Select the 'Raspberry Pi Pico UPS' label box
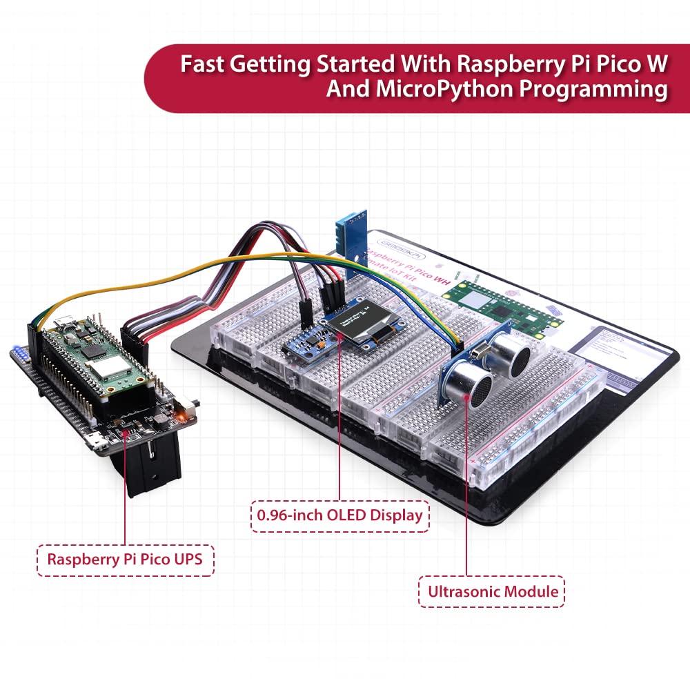[125, 559]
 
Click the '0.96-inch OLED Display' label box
[339, 515]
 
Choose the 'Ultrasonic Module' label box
[491, 591]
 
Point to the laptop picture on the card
[620, 351]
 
